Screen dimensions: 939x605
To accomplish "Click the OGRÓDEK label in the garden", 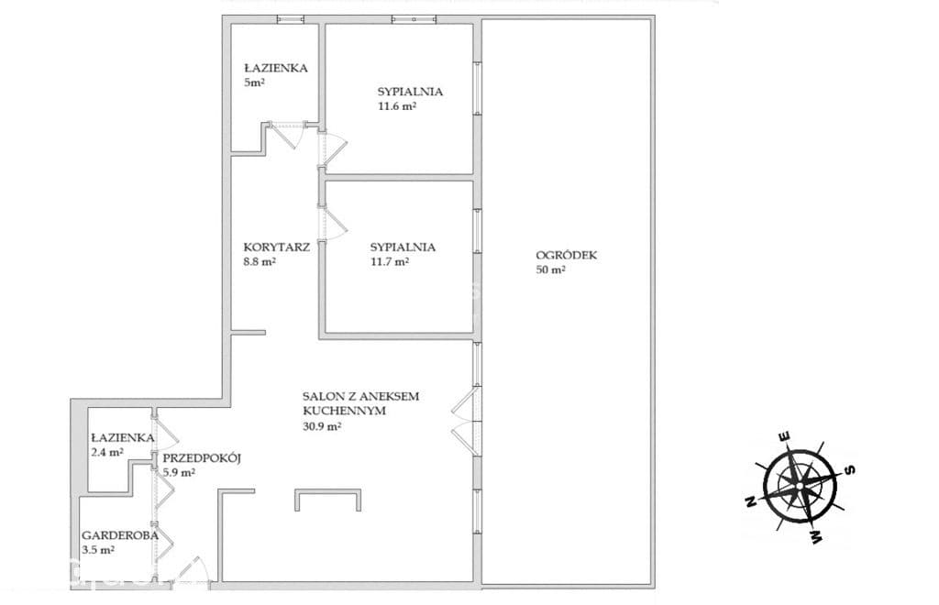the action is click(x=566, y=255).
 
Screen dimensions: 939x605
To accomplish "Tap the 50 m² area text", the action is click(x=551, y=269).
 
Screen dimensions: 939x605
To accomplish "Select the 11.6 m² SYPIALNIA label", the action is click(x=410, y=92).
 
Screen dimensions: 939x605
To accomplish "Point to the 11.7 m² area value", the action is click(x=390, y=261).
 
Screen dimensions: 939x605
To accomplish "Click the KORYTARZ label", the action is click(x=277, y=247).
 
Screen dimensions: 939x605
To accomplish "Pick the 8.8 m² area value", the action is click(x=260, y=261).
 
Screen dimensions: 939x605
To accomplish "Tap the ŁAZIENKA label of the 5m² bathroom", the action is click(x=275, y=68).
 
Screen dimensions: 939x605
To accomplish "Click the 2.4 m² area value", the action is click(x=107, y=453).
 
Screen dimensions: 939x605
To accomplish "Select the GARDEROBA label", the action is click(x=120, y=535).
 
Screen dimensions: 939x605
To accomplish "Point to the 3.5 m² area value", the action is click(x=98, y=550).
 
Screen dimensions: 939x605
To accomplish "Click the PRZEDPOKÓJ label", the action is click(x=202, y=458).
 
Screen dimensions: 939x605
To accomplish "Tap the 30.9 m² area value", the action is click(x=322, y=426).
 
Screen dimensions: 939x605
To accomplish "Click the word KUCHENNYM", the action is click(x=344, y=411).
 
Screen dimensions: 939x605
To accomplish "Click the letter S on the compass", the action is click(x=848, y=469).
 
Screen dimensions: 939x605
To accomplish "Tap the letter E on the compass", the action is click(x=784, y=436).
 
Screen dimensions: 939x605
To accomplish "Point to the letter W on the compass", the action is click(x=815, y=537).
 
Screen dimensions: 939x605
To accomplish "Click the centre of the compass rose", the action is click(x=799, y=485).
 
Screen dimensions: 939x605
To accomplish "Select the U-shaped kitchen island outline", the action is click(x=327, y=491).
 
